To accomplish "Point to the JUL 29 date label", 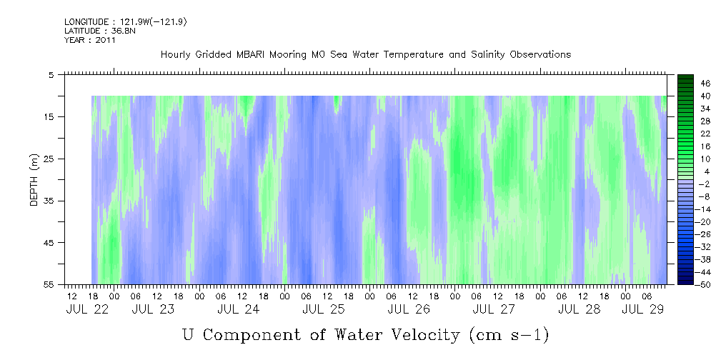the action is [x=643, y=309].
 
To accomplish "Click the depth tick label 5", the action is [x=51, y=75].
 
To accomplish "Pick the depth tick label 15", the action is [x=48, y=116].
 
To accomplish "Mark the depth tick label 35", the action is [x=48, y=201].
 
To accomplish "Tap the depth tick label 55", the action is [x=48, y=284].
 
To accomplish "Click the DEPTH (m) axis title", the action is [x=34, y=180].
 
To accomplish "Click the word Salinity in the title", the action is [x=487, y=55].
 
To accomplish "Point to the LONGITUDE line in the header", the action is [x=126, y=22].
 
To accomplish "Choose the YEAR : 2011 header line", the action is [x=90, y=40].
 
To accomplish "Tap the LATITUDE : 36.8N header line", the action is [x=100, y=31].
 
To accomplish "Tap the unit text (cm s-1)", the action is [x=509, y=336].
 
